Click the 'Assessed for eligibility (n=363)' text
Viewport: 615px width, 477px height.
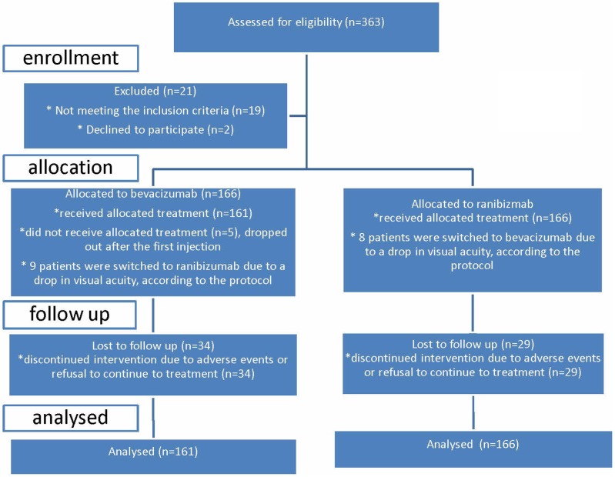(x=306, y=22)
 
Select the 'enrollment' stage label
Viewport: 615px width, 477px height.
(x=71, y=58)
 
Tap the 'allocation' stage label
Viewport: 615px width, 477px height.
(x=71, y=168)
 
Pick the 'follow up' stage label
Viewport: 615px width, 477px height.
(x=69, y=315)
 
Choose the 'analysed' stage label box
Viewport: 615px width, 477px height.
(x=71, y=418)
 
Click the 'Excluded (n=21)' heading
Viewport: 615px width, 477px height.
(x=155, y=92)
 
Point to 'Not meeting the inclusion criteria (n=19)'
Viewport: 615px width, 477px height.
(x=155, y=111)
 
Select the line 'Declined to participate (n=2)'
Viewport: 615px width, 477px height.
(x=155, y=130)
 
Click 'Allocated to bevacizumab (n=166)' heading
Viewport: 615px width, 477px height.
(x=153, y=194)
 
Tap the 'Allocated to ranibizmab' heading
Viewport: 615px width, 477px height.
(x=473, y=204)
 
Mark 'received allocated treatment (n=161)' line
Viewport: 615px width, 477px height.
(x=153, y=213)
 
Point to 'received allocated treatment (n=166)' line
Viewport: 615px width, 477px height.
(x=473, y=218)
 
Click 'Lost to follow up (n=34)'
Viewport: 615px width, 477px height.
(x=153, y=345)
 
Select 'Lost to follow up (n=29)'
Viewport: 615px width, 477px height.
(x=473, y=344)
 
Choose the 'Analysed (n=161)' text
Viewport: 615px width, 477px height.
(x=153, y=452)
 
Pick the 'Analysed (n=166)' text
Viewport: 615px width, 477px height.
(x=473, y=444)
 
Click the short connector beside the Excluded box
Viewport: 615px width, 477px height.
(x=298, y=115)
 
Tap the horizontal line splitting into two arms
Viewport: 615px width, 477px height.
(x=313, y=170)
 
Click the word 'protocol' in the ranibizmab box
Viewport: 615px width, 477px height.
(x=472, y=265)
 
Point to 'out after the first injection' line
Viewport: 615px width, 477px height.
(x=153, y=247)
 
